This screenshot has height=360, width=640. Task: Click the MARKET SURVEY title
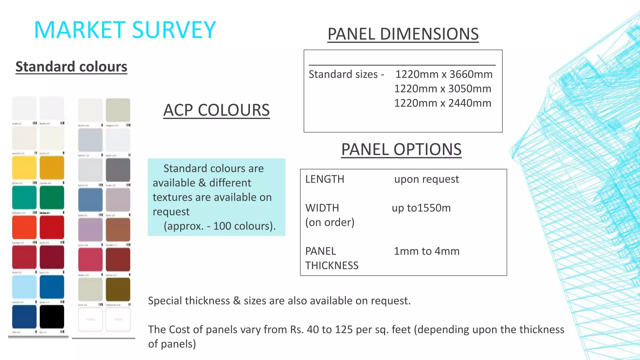click(125, 30)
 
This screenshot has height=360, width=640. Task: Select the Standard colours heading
click(71, 67)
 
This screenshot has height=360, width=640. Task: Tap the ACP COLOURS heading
click(216, 110)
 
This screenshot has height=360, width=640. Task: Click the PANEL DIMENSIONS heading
click(403, 34)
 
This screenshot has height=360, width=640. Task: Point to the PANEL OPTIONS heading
click(401, 149)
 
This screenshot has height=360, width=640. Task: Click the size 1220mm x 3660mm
click(444, 74)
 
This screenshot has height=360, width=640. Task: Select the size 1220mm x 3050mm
click(442, 89)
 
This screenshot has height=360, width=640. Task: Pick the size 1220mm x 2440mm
click(442, 103)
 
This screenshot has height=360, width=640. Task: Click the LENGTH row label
click(325, 179)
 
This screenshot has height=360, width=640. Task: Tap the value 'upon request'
click(426, 179)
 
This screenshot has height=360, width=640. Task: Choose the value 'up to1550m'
click(421, 208)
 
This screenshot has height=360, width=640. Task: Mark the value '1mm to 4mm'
click(426, 251)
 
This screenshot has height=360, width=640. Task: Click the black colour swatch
click(52, 317)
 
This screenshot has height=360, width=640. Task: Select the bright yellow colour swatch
click(24, 167)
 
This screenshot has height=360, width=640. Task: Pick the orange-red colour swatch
click(24, 227)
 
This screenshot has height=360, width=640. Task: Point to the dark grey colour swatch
click(118, 170)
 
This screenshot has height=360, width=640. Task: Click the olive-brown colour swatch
click(118, 289)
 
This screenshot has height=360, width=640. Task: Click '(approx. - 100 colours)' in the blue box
click(219, 226)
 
